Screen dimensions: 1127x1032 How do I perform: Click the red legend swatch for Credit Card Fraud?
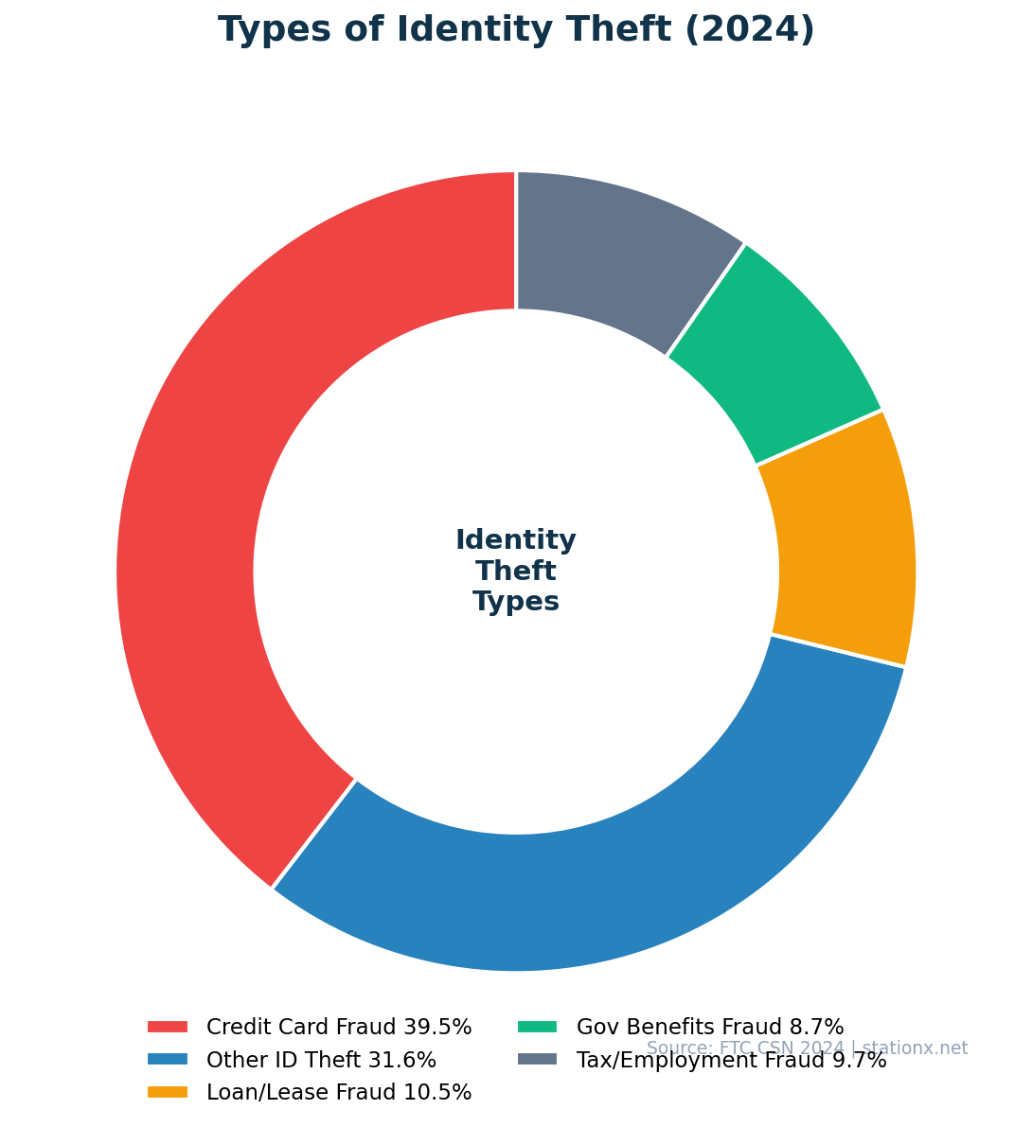(x=168, y=1027)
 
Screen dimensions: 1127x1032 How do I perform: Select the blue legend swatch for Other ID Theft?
(x=168, y=1060)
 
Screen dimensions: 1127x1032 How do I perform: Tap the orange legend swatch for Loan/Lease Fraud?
(x=168, y=1092)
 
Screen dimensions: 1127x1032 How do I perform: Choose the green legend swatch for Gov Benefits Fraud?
(x=538, y=1027)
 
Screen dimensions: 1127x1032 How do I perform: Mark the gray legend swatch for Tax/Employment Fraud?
(x=538, y=1060)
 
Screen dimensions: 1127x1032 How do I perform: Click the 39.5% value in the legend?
(x=437, y=1027)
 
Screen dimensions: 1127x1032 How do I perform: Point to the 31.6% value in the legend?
(x=402, y=1060)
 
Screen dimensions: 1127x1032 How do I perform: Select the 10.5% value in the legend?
(x=437, y=1092)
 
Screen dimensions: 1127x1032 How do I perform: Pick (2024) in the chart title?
(x=749, y=30)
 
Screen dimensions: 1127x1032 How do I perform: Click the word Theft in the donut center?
(x=516, y=572)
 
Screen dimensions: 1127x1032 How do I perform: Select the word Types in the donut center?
(x=516, y=602)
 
